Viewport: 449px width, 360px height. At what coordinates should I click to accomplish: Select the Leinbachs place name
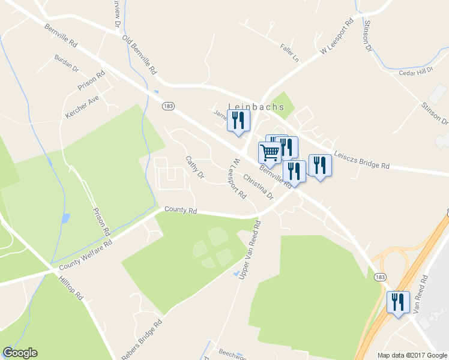[x=256, y=107]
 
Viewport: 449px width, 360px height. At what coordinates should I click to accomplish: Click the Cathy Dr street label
[x=195, y=168]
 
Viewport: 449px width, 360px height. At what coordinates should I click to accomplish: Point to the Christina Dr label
[x=259, y=187]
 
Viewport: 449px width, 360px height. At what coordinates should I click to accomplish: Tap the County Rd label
[x=181, y=211]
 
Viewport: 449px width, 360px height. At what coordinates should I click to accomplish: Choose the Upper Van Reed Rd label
[x=250, y=250]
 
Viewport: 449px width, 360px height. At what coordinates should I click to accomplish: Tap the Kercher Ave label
[x=82, y=106]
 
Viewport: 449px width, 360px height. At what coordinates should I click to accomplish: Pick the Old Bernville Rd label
[x=139, y=55]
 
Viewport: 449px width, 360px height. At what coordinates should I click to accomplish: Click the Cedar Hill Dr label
[x=415, y=72]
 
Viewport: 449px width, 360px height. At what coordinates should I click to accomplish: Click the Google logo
[x=20, y=353]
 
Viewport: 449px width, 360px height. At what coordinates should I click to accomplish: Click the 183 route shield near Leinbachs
[x=167, y=106]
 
